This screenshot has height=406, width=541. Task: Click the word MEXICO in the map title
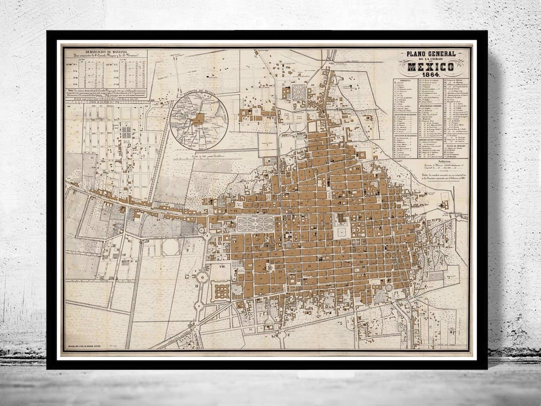[431, 67]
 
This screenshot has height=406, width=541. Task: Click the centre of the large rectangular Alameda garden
[255, 224]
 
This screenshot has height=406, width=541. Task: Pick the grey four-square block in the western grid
[126, 132]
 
